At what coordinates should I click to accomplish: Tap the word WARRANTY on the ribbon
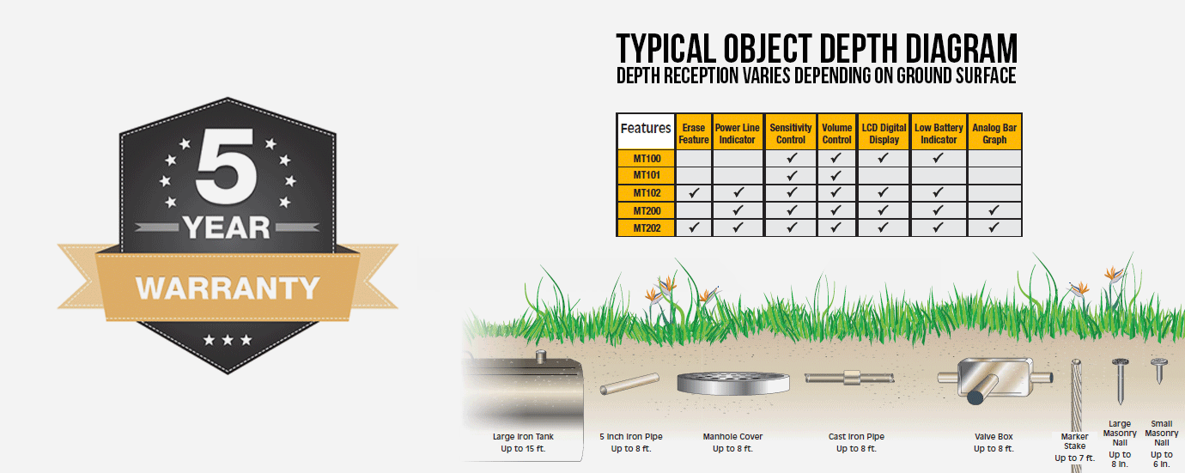pos(228,287)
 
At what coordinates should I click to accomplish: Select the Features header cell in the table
pos(646,129)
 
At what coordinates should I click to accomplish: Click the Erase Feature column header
pos(694,134)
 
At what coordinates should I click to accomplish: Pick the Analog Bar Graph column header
pos(994,134)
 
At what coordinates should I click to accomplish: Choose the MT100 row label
pos(647,159)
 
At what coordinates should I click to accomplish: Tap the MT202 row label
pos(647,228)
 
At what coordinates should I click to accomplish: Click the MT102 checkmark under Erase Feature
pos(694,193)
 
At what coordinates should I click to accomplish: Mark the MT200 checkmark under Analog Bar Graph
pos(994,210)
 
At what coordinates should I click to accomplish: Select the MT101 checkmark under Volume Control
pos(836,176)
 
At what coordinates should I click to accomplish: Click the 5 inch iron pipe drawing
pos(629,385)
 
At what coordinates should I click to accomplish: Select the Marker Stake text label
pos(1074,441)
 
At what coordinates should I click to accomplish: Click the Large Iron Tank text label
pos(523,436)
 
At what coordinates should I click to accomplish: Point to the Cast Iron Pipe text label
pos(856,436)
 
